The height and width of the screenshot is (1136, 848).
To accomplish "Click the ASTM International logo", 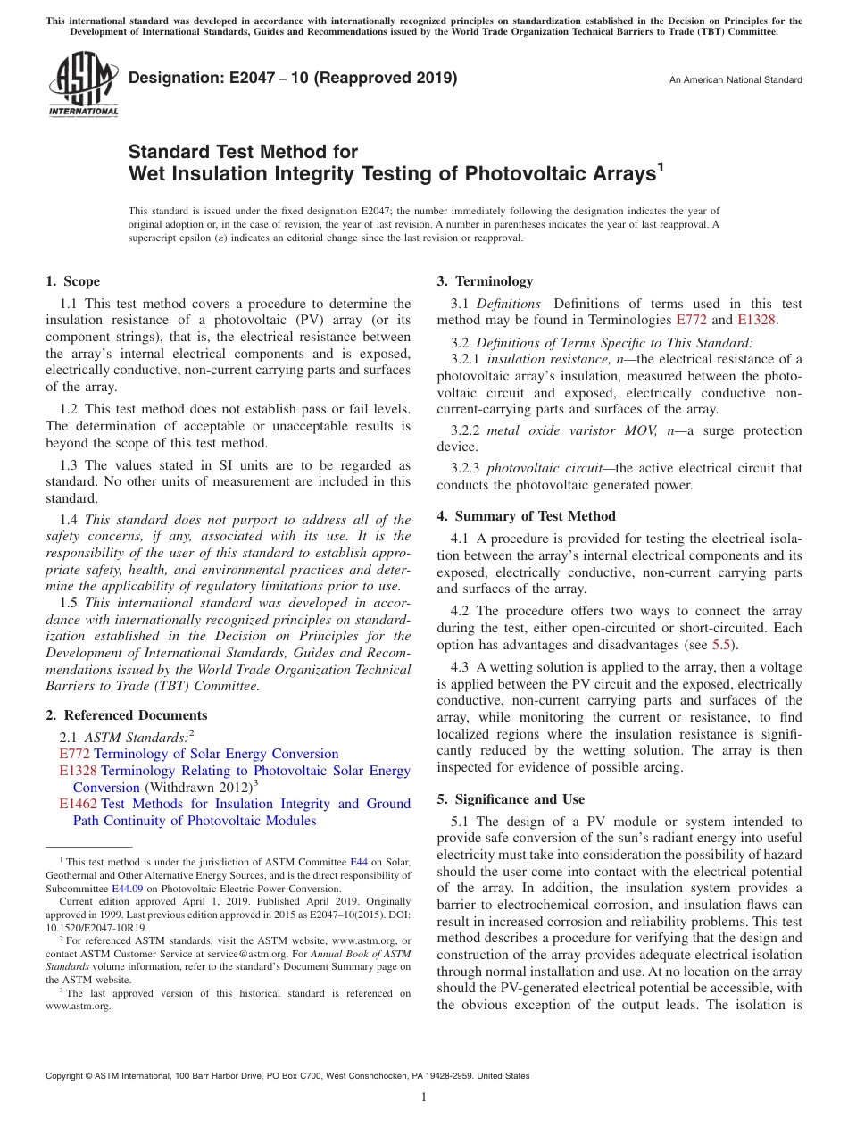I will point(83,84).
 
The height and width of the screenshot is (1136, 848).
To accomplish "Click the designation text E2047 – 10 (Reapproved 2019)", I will point(293,78).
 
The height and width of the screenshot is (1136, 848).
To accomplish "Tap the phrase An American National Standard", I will point(735,80).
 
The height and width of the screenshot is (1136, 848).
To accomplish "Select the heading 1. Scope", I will point(73,281).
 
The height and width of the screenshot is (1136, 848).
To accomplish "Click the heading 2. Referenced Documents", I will point(127,715).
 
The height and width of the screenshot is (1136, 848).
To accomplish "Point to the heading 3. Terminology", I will point(485,281).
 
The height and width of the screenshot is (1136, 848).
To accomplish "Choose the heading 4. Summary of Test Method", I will point(527,516).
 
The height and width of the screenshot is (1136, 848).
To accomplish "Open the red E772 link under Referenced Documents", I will point(75,755).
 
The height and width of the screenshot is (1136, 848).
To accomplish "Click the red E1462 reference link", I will point(79,804).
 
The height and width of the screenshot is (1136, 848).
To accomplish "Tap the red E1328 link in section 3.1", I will point(756,320).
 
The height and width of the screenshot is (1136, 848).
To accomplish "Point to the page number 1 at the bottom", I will point(424,1097).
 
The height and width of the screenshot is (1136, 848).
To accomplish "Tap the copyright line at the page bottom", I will point(287,1076).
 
